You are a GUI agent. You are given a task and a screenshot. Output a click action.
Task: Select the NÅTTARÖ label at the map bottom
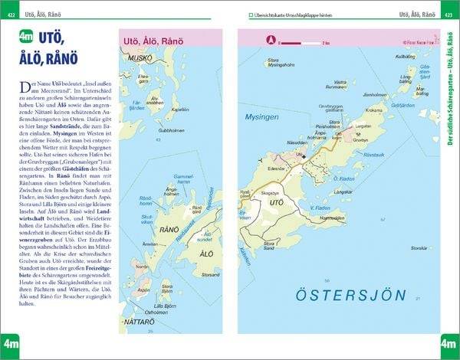coord(139,323)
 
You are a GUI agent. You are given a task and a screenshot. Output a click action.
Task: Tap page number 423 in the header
coord(449,15)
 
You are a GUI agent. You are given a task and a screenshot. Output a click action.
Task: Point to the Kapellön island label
coord(180,109)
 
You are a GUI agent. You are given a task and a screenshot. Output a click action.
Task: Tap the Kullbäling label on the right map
coord(405,57)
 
